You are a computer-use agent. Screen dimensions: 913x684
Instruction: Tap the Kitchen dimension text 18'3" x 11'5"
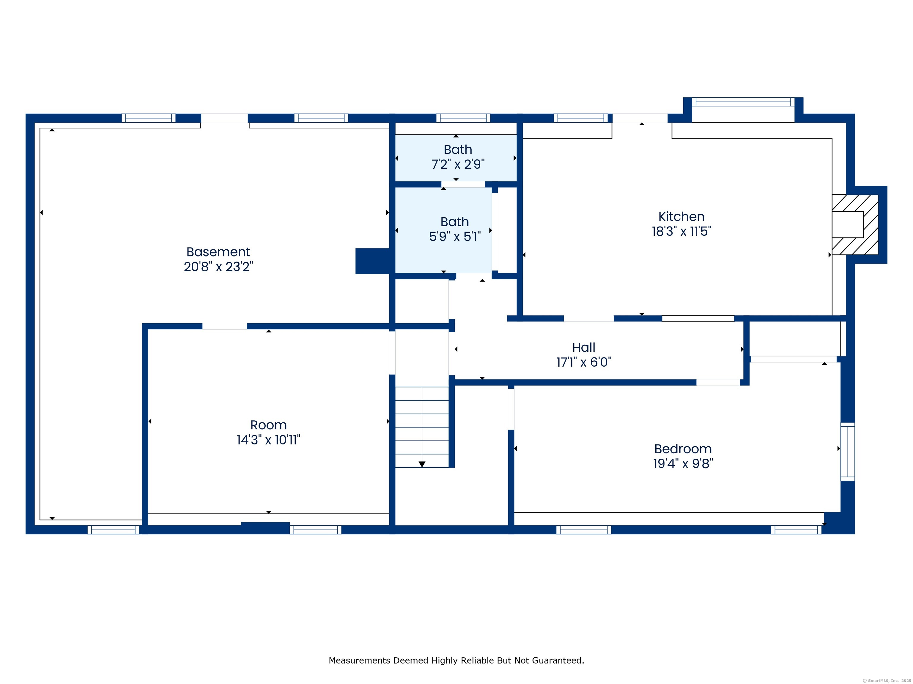pos(681,231)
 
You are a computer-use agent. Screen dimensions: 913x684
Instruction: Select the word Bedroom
pos(683,449)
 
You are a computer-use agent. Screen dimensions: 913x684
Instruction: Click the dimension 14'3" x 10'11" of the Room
pos(268,440)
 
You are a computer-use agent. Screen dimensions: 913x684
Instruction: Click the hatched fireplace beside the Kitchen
pos(855,225)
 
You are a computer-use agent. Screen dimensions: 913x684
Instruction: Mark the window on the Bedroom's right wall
pos(848,452)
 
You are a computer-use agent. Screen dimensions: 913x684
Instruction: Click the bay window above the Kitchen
pos(743,102)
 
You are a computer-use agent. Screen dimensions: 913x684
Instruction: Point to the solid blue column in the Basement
pos(372,261)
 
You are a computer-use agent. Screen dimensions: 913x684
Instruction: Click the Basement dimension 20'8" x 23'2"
pos(218,267)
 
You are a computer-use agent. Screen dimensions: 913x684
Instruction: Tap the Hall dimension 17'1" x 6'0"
pos(584,362)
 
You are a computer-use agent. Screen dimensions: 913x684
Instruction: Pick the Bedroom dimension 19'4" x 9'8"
pos(683,463)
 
